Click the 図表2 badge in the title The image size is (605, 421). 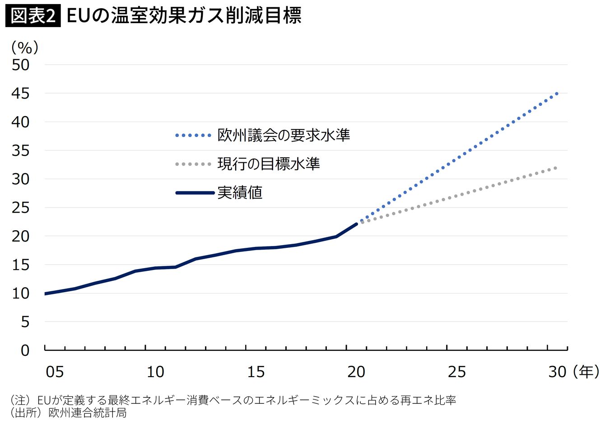coord(33,16)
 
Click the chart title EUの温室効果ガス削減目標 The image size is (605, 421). coord(184,16)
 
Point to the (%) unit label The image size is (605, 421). coord(25,47)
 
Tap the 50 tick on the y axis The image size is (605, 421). coord(21,65)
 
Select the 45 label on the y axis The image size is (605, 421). coord(21,94)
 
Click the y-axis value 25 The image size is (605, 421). coord(21,208)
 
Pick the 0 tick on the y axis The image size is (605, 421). coord(25,350)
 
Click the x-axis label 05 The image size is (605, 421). coord(55,372)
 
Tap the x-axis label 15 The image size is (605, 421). coord(256,372)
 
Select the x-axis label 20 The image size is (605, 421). coord(356,372)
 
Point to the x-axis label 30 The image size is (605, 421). coord(557,372)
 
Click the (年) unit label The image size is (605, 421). coord(586,372)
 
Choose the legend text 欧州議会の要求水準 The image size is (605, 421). coord(284,135)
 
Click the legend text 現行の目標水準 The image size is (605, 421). coord(269,164)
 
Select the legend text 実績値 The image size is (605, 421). coord(240,193)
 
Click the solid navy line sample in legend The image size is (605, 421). coord(195,193)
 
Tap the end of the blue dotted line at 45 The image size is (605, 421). coord(557,94)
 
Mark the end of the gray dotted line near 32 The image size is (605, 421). coord(556,168)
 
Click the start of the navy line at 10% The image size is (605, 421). coord(46,293)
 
